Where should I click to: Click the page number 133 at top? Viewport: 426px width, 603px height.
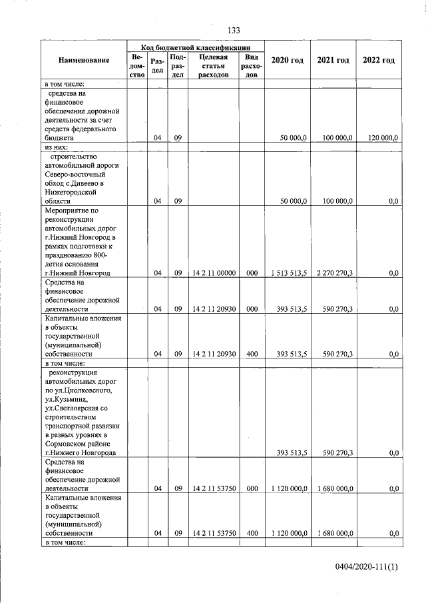[x=233, y=31]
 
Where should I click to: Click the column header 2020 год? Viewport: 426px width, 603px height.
[x=288, y=61]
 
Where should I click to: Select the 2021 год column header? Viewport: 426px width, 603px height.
[x=333, y=61]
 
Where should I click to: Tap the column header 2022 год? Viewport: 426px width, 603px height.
[x=378, y=61]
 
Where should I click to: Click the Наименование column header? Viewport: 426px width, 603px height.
[x=84, y=61]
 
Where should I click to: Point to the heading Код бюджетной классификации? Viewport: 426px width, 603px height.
[x=196, y=48]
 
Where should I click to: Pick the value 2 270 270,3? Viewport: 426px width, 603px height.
[x=334, y=273]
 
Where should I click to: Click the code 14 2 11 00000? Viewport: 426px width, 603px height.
[x=213, y=273]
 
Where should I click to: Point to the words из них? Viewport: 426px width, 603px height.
[x=57, y=147]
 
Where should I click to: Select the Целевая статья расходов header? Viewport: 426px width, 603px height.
[x=213, y=66]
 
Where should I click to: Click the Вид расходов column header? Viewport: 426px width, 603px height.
[x=252, y=66]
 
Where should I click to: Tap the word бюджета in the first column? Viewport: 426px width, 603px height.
[x=59, y=138]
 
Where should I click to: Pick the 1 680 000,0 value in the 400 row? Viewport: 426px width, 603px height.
[x=334, y=533]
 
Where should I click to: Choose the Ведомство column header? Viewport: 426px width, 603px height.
[x=137, y=66]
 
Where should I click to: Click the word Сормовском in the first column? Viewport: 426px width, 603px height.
[x=66, y=444]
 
